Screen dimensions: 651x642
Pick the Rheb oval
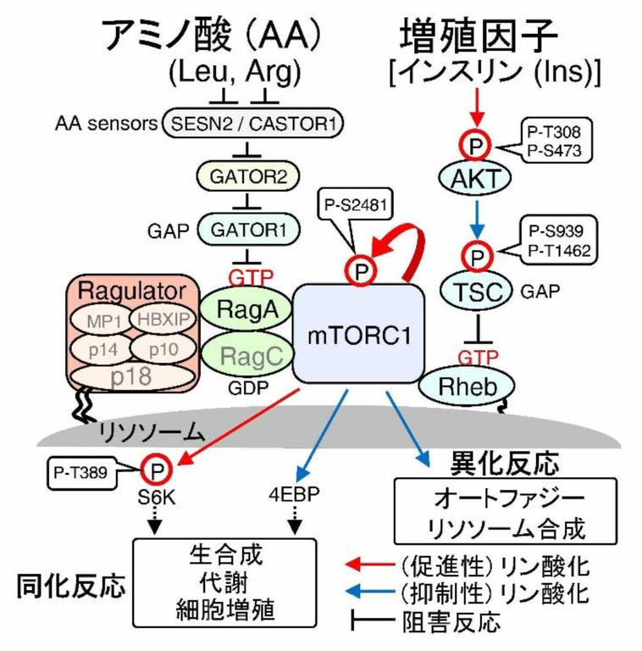coord(467,387)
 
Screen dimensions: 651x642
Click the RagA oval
coord(245,310)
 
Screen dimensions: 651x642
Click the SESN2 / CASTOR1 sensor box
coord(252,125)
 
